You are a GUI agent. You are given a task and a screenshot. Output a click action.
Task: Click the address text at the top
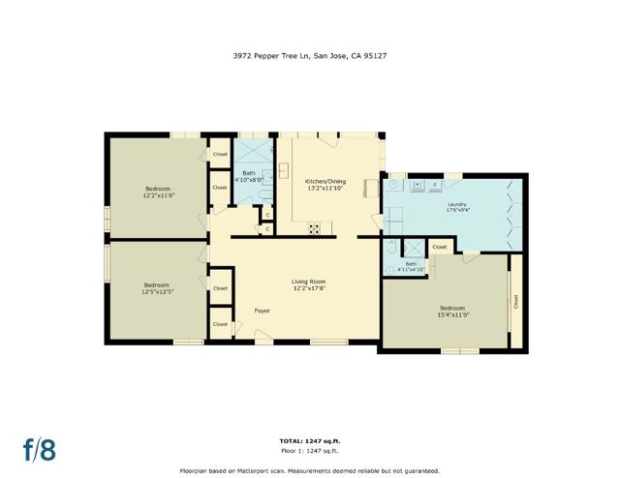pos(310,56)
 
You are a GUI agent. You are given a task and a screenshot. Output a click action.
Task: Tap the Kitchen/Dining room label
pos(325,185)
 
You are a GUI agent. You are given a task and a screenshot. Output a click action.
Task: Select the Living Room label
pos(309,284)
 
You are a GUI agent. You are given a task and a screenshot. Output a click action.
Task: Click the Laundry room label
pos(457,207)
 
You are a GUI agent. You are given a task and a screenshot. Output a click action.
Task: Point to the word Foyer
pos(262,311)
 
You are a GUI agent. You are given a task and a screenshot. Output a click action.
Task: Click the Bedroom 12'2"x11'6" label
pos(158,192)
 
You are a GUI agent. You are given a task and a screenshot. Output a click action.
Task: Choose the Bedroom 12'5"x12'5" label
pos(157,287)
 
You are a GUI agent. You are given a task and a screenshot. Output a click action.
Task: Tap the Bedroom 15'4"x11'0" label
pos(453,311)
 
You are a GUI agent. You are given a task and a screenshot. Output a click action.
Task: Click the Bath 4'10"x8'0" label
pos(250,176)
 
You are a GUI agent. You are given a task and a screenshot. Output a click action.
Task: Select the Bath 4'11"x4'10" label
pos(411,266)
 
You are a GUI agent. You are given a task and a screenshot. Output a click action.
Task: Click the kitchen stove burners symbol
pos(315,228)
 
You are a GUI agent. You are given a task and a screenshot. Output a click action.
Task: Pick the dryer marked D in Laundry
pos(435,183)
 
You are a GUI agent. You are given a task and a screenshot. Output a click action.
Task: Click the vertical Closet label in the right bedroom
pos(516,301)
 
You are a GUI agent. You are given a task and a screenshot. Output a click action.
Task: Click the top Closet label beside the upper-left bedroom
pos(220,154)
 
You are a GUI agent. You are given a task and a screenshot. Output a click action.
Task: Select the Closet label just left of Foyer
pos(220,324)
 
